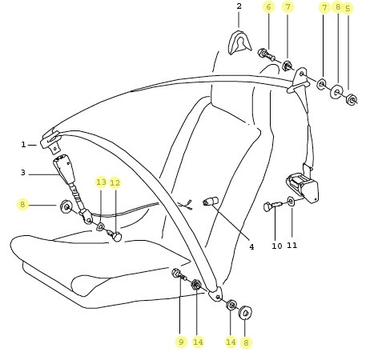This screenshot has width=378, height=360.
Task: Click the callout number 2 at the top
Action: [239, 6]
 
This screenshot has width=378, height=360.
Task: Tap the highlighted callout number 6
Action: [268, 7]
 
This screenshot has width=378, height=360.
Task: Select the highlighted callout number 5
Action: [348, 9]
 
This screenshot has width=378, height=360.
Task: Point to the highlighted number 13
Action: [101, 182]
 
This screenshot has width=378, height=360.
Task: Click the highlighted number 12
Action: [115, 182]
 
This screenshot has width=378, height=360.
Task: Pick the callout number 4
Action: [251, 247]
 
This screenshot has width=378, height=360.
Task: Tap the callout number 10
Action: [277, 246]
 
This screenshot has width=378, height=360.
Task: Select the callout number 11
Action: [292, 246]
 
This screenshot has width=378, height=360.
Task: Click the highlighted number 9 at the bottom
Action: [181, 342]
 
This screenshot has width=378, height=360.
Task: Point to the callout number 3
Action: [23, 173]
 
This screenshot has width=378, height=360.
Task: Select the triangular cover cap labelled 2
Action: [240, 42]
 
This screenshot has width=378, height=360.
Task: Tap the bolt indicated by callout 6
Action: [267, 55]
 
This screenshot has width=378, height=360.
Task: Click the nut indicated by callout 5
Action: [352, 100]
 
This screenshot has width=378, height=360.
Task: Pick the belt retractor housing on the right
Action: [303, 187]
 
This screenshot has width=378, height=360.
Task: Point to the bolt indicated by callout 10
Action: [272, 206]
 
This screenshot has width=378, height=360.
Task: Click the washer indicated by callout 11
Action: [291, 201]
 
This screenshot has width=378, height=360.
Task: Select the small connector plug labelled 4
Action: [211, 201]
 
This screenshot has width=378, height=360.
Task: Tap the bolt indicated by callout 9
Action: [179, 274]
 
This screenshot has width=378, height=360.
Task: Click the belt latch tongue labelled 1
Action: [51, 142]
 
